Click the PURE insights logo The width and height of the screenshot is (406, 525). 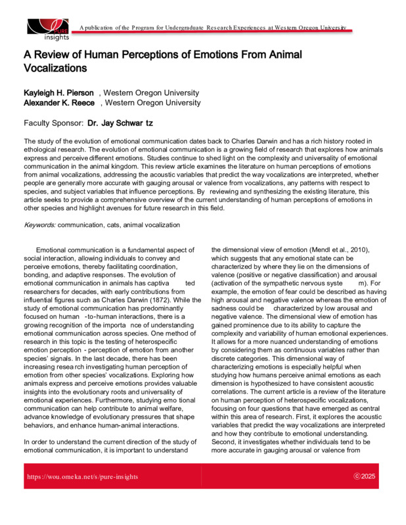47,28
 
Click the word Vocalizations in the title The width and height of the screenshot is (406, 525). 55,68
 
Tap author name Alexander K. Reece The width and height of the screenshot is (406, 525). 60,103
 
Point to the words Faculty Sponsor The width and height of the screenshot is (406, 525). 53,123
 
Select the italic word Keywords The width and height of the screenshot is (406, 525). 39,225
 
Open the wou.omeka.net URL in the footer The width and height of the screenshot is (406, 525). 81,476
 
